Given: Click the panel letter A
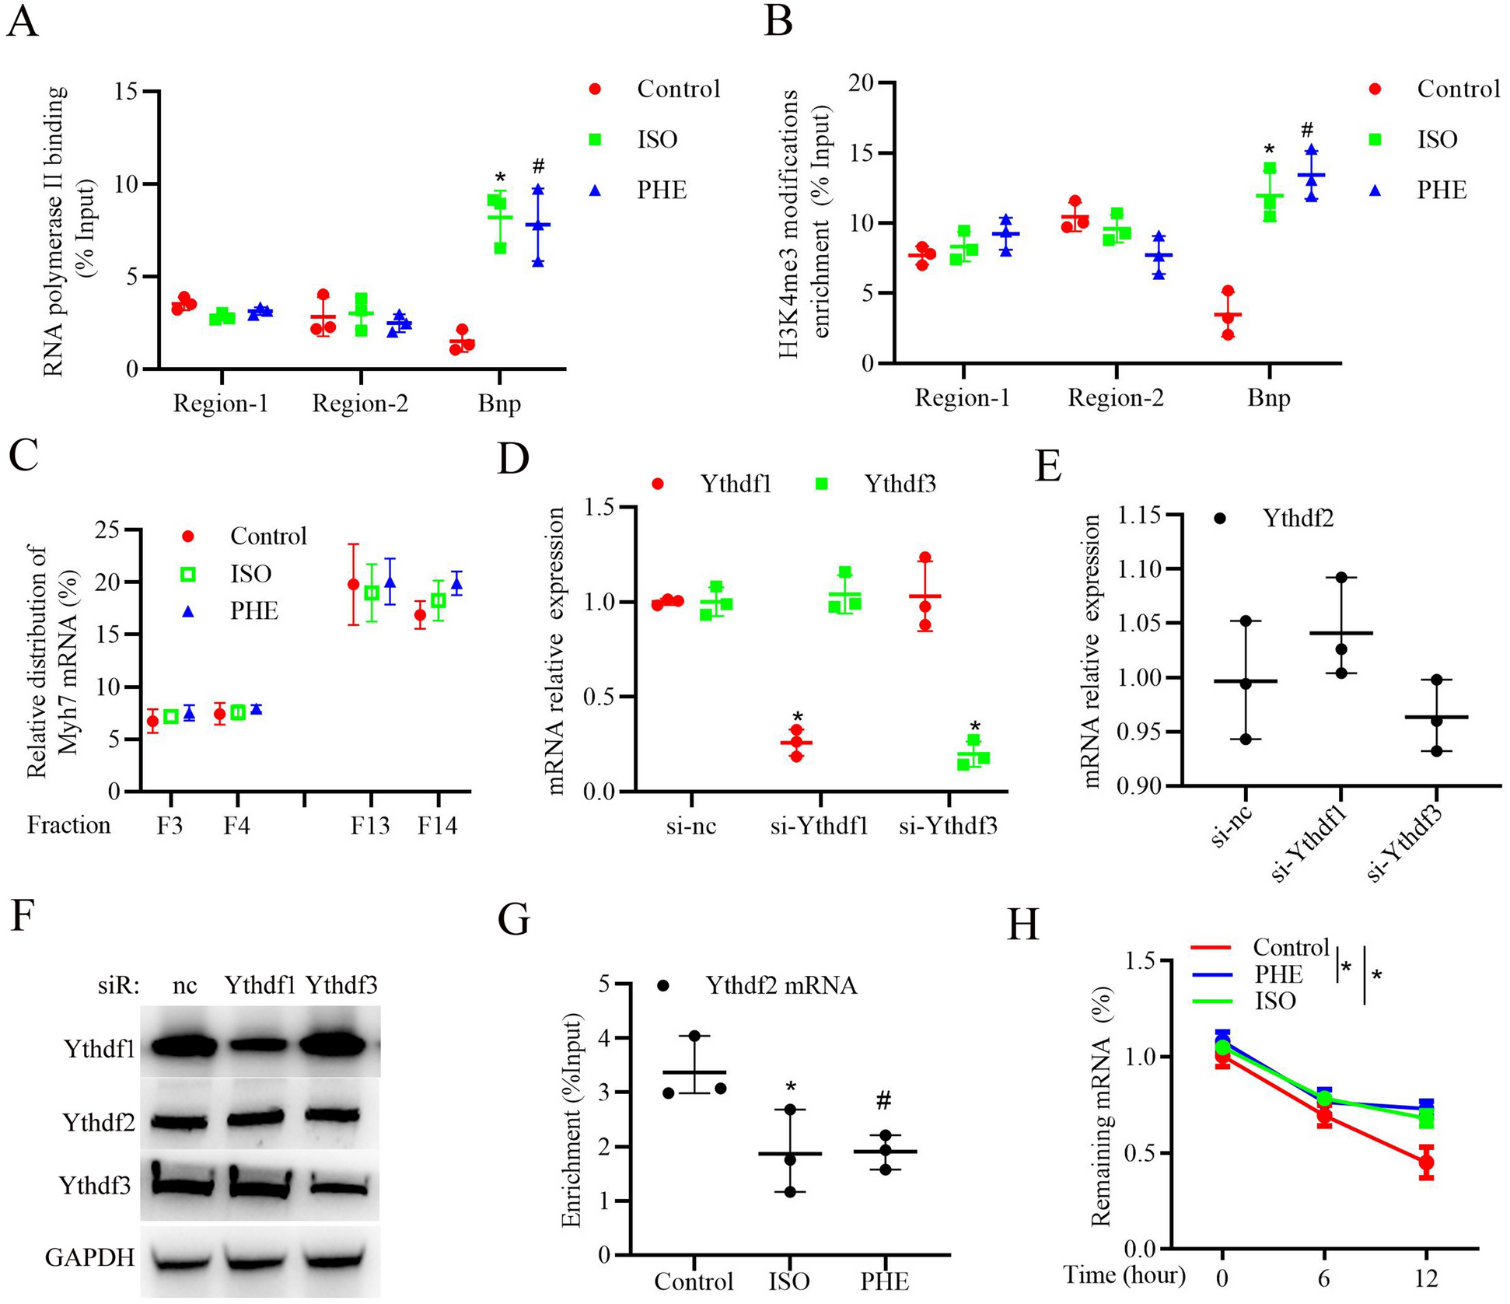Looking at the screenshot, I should [22, 21].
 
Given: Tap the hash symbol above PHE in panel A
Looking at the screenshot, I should [538, 166].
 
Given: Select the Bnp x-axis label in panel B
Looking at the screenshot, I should [1268, 398].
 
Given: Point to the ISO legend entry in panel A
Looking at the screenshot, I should [657, 139].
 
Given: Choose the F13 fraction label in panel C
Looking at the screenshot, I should [370, 825].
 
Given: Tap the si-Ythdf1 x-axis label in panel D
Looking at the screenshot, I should [819, 826].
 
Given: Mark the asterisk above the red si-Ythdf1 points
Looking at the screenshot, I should [797, 717].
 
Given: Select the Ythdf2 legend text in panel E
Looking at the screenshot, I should [1298, 518].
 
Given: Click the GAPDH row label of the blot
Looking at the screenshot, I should [90, 1257].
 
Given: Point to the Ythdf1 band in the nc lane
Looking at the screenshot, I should [184, 1047].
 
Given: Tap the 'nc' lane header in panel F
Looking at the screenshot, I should [184, 985].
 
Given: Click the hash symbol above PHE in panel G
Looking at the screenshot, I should [883, 1099].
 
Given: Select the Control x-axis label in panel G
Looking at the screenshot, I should [694, 1281].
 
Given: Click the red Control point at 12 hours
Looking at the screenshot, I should [1425, 1163].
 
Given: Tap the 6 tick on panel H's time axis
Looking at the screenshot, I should [1323, 1277].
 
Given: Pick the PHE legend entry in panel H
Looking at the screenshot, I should [1278, 974].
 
